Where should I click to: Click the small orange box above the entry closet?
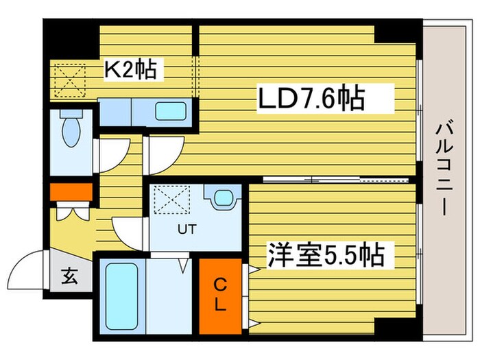point(71,191)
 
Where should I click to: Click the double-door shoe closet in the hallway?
point(71,211)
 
